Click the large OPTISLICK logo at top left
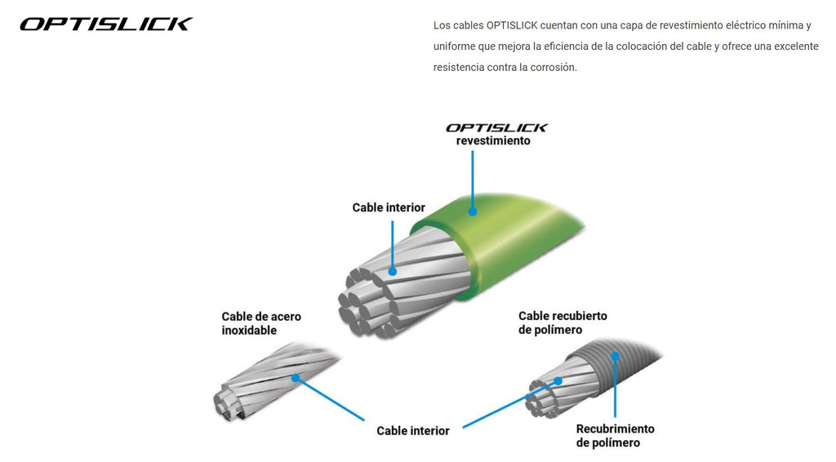tap(106, 24)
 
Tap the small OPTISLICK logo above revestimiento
tap(496, 127)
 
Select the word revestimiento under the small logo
tap(493, 140)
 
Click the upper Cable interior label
tap(389, 207)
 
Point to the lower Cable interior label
tap(413, 430)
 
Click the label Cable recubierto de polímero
tap(563, 322)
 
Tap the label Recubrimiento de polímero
tap(615, 435)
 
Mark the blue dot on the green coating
tap(473, 211)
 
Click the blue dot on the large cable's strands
tap(393, 271)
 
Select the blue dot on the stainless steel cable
tap(296, 378)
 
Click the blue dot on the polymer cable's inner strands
tap(558, 380)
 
